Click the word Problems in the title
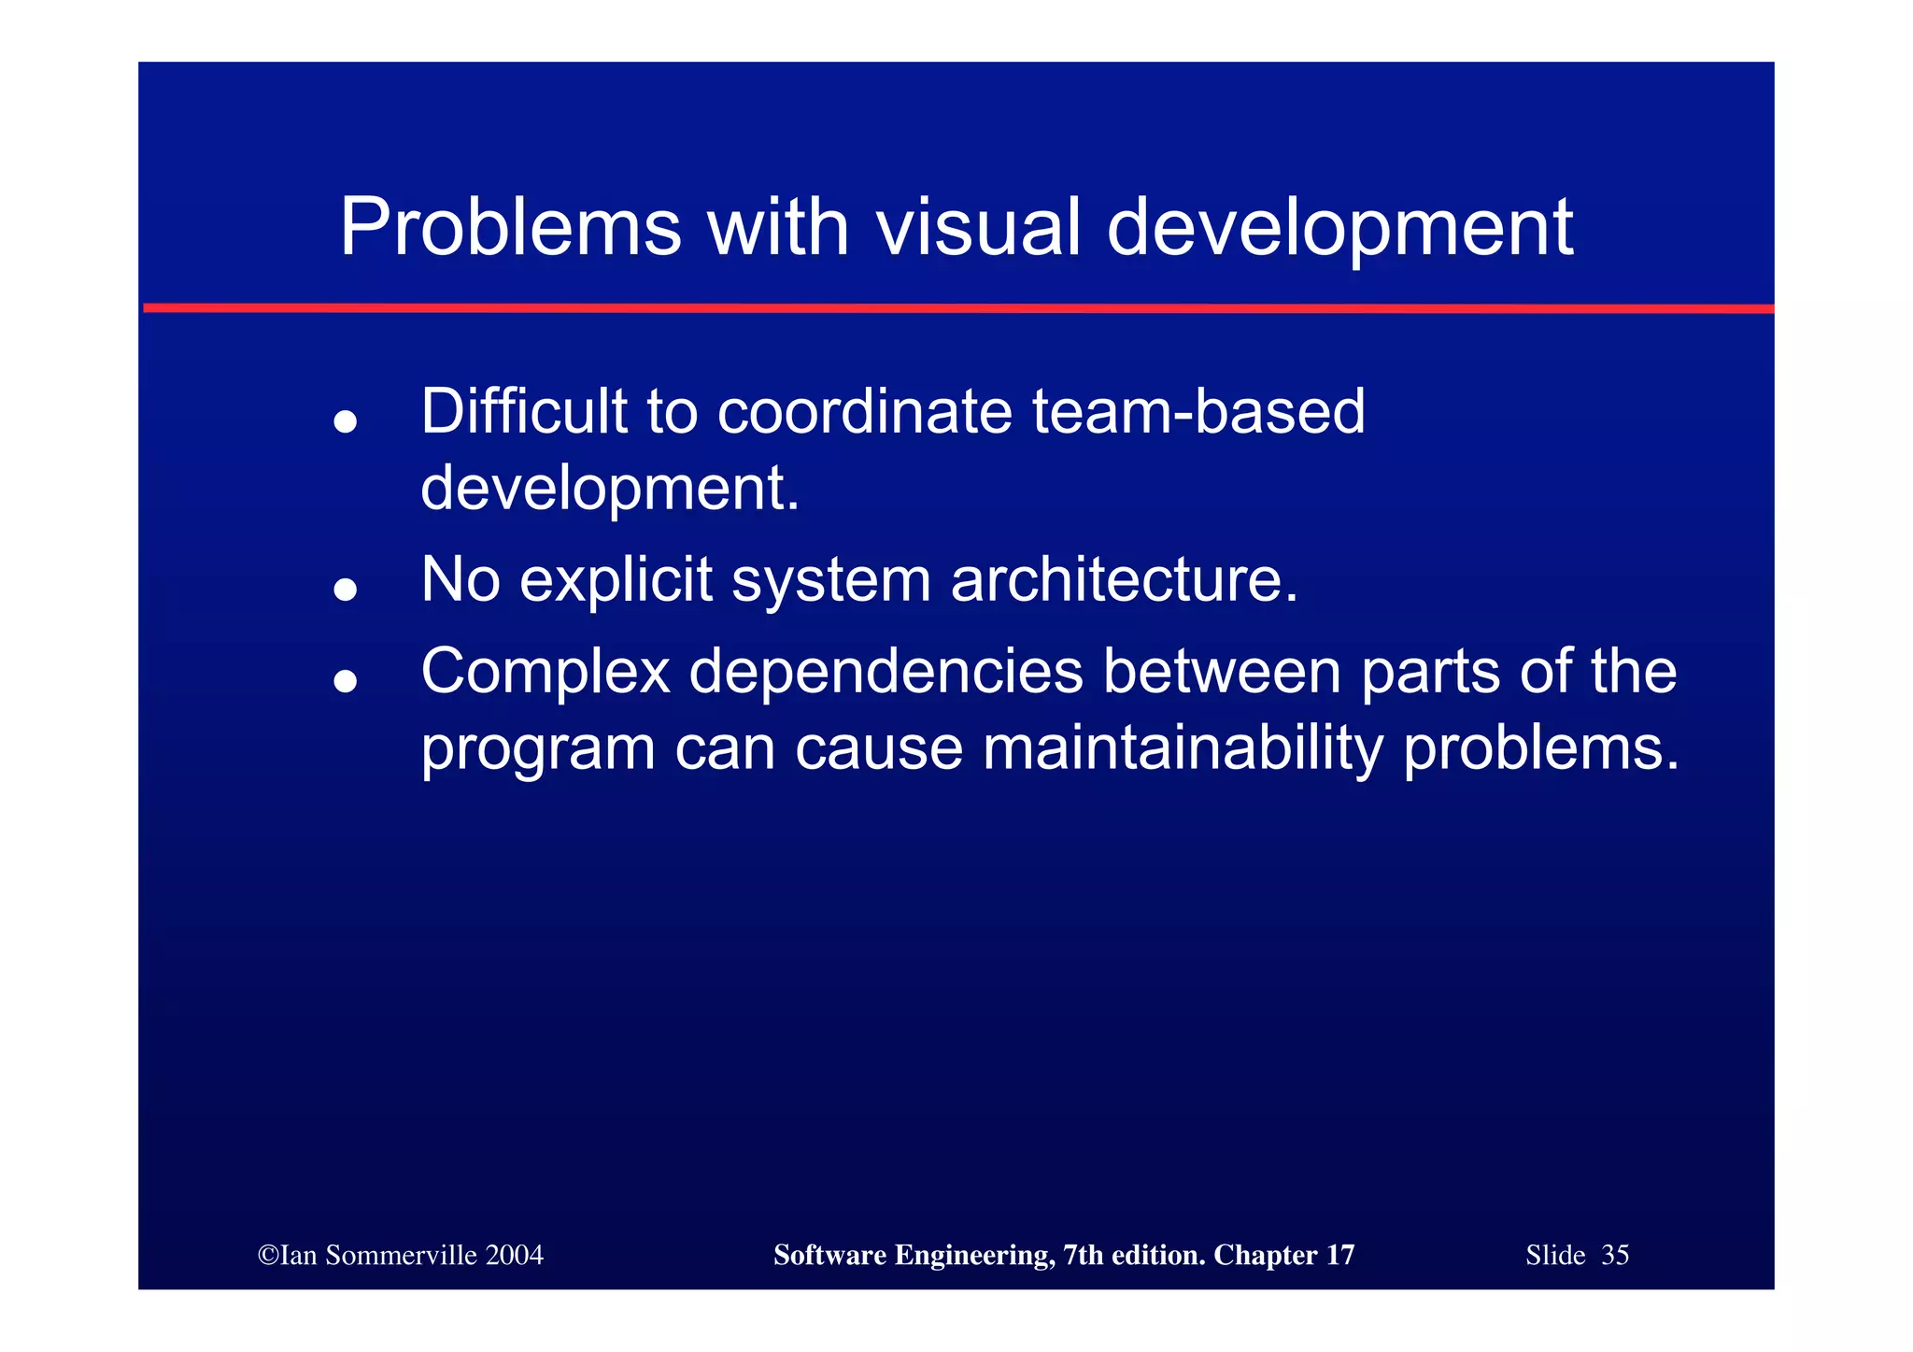(510, 227)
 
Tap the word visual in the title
(977, 227)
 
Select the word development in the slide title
(1339, 229)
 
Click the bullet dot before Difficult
(346, 421)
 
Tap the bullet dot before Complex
(346, 681)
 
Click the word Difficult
(523, 411)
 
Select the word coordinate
(864, 411)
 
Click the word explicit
(616, 579)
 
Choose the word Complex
(546, 673)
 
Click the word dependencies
(886, 673)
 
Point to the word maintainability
(1183, 748)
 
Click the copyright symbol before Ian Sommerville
(268, 1255)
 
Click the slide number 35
(1615, 1255)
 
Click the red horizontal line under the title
(956, 307)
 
